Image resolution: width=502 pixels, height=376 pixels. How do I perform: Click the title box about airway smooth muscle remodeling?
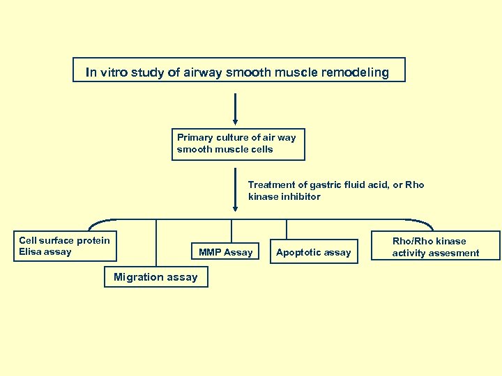pos(238,70)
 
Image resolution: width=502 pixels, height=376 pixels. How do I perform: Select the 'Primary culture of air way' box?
pos(238,143)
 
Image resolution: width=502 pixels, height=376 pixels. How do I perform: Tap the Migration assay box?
pos(155,277)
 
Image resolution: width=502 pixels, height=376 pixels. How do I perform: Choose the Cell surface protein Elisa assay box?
pos(66,246)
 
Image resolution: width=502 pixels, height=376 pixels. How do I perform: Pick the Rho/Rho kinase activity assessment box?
pos(436,247)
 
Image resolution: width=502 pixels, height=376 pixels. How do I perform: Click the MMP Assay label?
pos(225,252)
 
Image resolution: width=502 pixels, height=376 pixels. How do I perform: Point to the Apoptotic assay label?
pos(313,252)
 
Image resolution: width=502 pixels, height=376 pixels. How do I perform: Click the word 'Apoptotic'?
pos(298,252)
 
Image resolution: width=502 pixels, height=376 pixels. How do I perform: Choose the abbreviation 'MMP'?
pos(211,252)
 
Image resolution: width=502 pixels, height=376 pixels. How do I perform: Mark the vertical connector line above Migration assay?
pos(156,242)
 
